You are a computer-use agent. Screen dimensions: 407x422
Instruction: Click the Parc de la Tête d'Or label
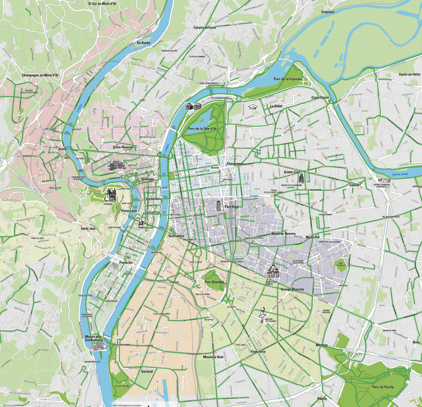pyautogui.click(x=202, y=129)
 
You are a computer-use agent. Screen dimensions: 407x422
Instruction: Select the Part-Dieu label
pyautogui.click(x=232, y=207)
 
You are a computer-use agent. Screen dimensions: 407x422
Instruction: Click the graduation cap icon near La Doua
pyautogui.click(x=253, y=107)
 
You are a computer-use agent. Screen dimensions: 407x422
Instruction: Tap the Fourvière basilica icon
pyautogui.click(x=110, y=194)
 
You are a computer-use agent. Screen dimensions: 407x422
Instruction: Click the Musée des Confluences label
pyautogui.click(x=95, y=338)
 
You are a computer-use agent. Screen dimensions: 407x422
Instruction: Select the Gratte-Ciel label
pyautogui.click(x=292, y=171)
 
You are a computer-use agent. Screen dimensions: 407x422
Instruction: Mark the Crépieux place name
pyautogui.click(x=327, y=11)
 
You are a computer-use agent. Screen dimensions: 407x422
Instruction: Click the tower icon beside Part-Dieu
pyautogui.click(x=218, y=205)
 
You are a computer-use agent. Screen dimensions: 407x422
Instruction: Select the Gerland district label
pyautogui.click(x=147, y=371)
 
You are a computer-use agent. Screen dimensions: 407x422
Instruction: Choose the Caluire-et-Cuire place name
pyautogui.click(x=204, y=27)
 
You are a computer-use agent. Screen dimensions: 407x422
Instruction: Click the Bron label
pyautogui.click(x=415, y=342)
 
